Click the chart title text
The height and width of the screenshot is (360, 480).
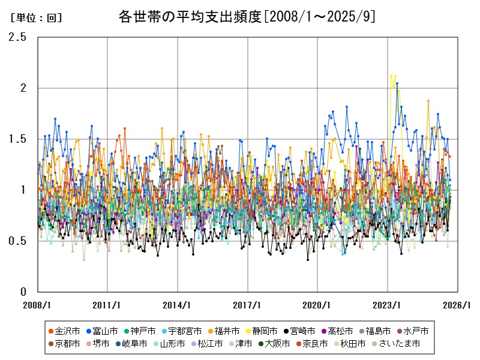pos(247,17)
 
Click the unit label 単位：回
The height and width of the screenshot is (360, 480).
pos(36,18)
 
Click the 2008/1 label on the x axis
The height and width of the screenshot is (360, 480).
pos(38,304)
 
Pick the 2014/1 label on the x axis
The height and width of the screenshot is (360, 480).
pos(178,304)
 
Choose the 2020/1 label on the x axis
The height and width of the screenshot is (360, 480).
pos(317,304)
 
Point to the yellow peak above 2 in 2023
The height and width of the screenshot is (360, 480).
pos(391,76)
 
